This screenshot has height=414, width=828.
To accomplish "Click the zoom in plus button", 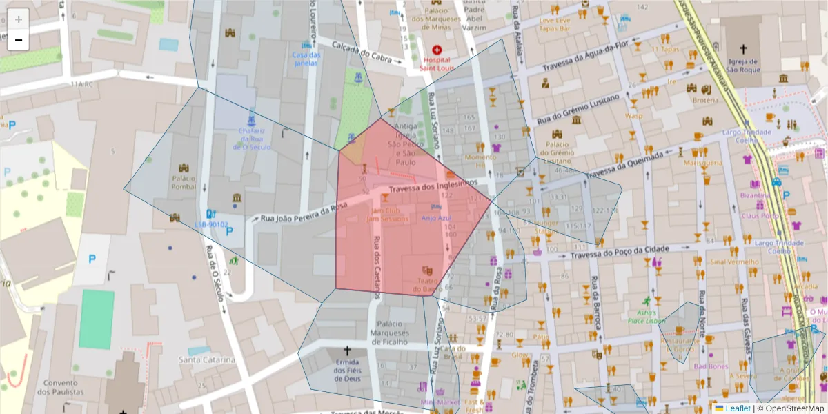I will click(x=19, y=19).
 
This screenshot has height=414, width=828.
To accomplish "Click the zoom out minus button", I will click(x=19, y=40).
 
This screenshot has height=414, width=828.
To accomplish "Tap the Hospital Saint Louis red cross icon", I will click(x=437, y=50).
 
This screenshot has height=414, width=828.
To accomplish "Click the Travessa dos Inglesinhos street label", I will click(x=433, y=186).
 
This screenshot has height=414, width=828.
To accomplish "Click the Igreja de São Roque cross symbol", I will click(x=743, y=49).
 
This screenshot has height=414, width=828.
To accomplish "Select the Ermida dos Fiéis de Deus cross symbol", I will click(x=347, y=351).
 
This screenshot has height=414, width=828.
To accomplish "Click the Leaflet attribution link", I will click(x=737, y=408).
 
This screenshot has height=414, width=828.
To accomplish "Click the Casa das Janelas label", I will click(x=306, y=59).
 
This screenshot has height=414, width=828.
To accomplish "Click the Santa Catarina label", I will click(x=207, y=359).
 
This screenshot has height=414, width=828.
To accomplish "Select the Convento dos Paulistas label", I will click(x=63, y=387).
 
